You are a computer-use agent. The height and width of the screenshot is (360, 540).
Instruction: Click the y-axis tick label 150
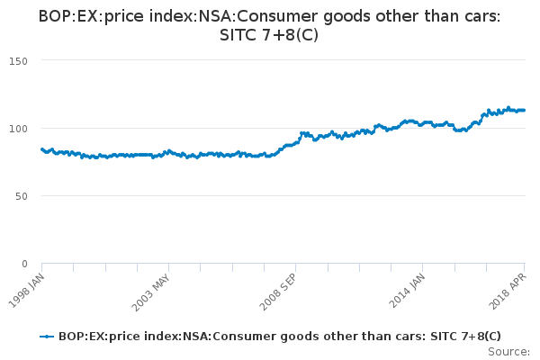(x=18, y=60)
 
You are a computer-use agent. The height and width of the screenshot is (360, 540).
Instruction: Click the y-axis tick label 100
(x=18, y=128)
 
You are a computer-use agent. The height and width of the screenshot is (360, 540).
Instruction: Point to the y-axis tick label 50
(x=22, y=196)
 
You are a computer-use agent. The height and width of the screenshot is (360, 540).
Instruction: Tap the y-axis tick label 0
(x=24, y=264)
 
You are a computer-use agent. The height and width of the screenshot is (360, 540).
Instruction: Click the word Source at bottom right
(x=508, y=351)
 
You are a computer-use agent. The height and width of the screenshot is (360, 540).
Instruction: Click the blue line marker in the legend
(x=48, y=337)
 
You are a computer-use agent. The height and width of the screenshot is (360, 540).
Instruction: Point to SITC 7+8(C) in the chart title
(x=269, y=36)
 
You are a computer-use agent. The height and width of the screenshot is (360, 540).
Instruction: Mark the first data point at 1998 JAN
(x=42, y=149)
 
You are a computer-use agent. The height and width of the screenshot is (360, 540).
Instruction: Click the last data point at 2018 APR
(x=524, y=110)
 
